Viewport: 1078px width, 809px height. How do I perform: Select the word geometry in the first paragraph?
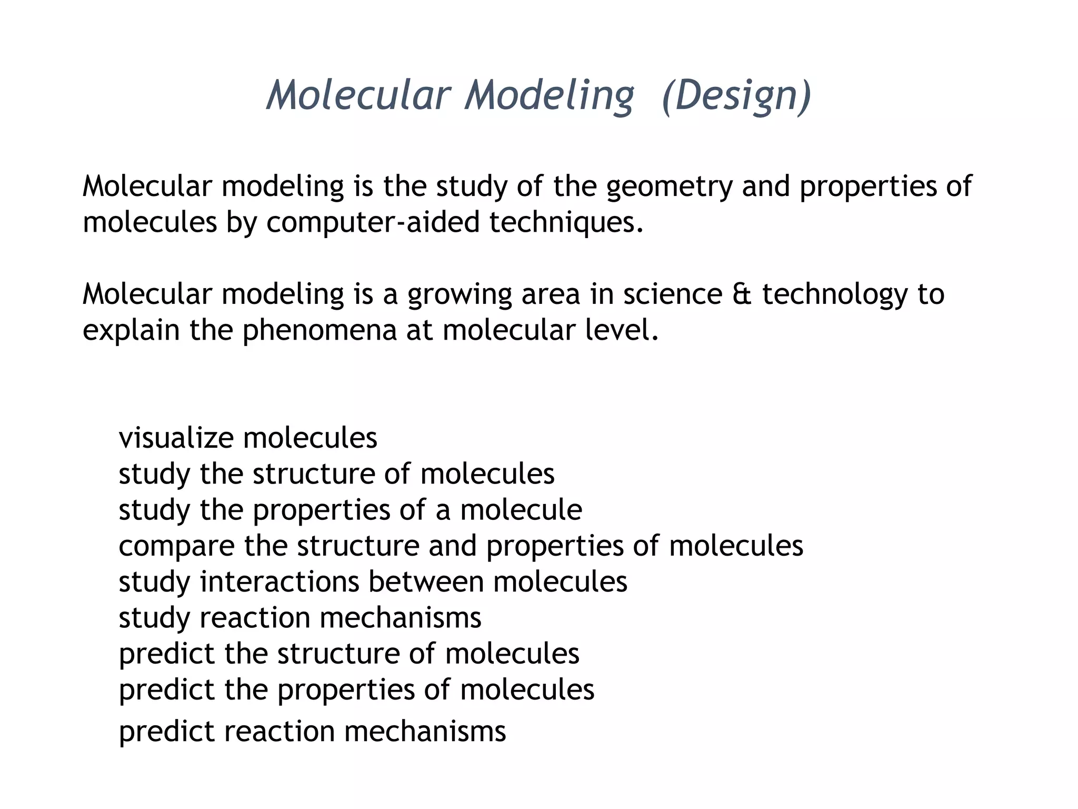point(669,187)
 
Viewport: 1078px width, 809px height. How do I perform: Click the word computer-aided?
point(373,222)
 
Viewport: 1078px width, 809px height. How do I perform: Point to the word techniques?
point(566,222)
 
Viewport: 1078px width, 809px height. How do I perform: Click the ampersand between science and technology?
point(742,294)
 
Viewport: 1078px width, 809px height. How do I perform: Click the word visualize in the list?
point(176,438)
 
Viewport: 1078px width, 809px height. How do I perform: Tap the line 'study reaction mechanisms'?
point(300,618)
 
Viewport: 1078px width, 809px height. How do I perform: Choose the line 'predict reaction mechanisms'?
point(312,732)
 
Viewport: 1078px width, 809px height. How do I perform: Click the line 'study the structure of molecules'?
point(336,474)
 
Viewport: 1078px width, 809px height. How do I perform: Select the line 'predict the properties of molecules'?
point(356,690)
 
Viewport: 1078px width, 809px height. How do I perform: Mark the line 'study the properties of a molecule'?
point(350,510)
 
